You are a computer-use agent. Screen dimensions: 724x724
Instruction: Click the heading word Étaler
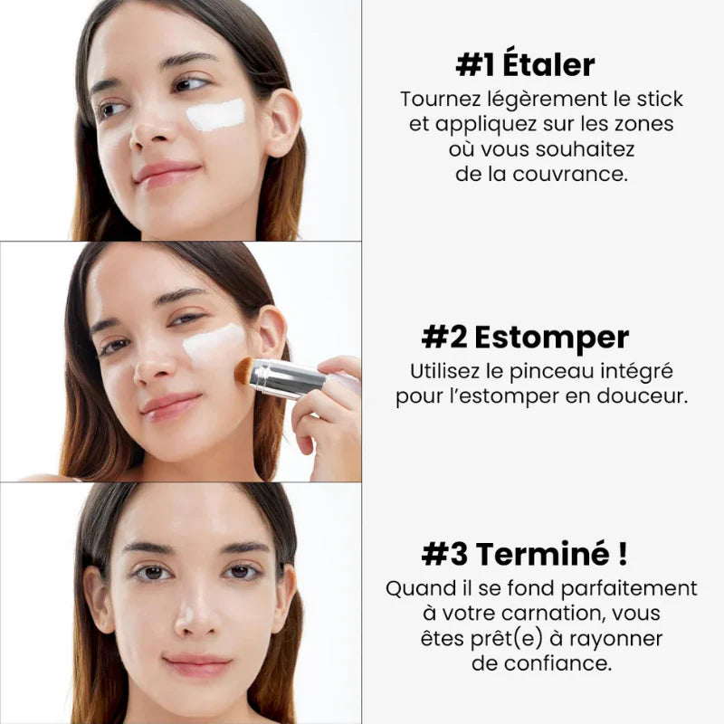(549, 65)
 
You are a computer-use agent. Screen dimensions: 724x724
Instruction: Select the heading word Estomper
(551, 338)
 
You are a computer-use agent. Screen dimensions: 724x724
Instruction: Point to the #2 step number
(444, 338)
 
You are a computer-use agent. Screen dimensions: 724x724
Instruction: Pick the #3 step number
(445, 553)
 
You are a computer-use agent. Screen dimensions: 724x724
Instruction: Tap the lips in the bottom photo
(197, 665)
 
